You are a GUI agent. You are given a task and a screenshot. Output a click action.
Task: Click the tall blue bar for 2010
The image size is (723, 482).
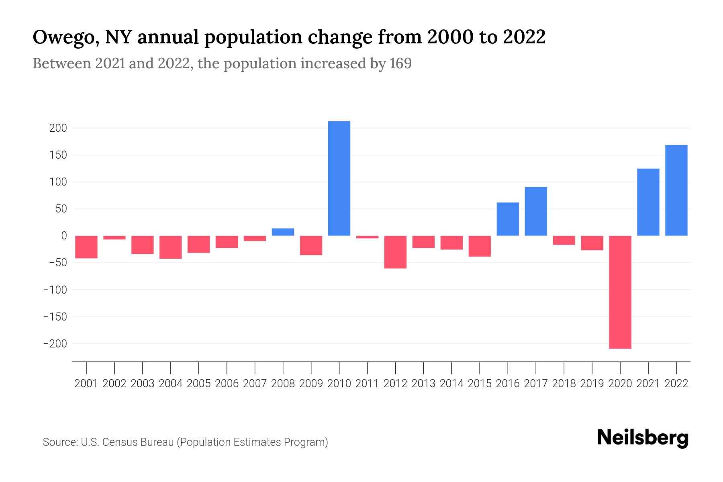(x=339, y=178)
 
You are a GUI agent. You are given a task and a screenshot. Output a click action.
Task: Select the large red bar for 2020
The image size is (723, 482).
(x=620, y=292)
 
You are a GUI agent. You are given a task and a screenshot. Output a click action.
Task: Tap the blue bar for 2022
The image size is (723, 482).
(x=676, y=190)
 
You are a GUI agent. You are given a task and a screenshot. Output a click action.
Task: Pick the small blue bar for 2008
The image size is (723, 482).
(x=283, y=232)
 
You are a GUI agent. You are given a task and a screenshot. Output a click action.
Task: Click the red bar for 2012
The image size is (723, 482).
(x=395, y=252)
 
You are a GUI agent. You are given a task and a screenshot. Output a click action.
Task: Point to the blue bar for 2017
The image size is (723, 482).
(x=536, y=211)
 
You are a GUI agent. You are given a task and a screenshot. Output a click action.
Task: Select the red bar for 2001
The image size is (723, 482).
(x=86, y=247)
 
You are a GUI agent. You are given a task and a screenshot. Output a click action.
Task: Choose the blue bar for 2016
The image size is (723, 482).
(x=508, y=219)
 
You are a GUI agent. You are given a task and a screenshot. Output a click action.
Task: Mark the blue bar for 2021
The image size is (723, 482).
(x=648, y=202)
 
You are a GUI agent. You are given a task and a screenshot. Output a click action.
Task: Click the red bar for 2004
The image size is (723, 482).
(x=171, y=247)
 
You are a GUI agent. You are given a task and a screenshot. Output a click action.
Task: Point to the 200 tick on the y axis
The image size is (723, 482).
(x=58, y=129)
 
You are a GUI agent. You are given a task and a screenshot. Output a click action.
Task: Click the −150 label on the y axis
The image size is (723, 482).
(x=55, y=317)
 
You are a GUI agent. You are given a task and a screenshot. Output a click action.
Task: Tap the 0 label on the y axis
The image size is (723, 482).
(x=63, y=236)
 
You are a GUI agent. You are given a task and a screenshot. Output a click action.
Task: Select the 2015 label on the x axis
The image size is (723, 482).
(x=480, y=384)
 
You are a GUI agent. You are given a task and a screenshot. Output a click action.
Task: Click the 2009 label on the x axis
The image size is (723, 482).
(x=311, y=384)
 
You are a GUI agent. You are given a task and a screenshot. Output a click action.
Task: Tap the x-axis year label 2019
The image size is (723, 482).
(x=592, y=384)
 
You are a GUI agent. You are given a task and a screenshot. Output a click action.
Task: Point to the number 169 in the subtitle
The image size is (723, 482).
(x=400, y=63)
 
